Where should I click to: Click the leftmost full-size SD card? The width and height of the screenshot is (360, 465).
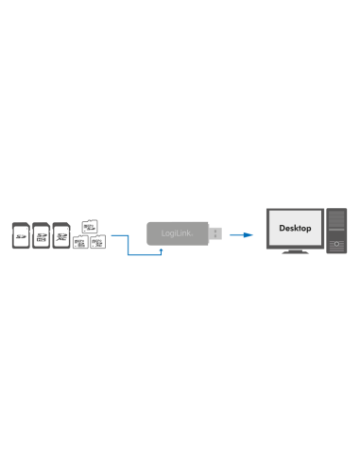tap(20, 234)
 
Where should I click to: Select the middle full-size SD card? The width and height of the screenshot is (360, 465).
tap(41, 234)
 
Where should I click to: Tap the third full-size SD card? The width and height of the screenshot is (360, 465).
tap(61, 234)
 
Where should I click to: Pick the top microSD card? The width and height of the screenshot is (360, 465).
tap(90, 226)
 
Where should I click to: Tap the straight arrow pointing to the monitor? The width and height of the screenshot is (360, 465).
tap(243, 232)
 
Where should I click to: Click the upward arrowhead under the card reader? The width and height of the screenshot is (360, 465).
tap(161, 250)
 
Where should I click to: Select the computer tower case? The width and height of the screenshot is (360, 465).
tap(336, 232)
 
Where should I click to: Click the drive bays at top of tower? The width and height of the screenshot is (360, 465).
tap(336, 215)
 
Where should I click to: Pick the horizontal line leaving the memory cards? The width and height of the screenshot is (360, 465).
tap(118, 237)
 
